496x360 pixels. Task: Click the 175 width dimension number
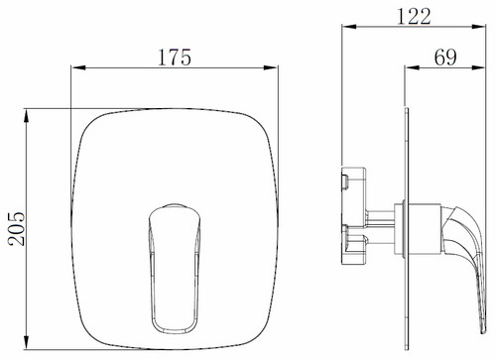click(175, 58)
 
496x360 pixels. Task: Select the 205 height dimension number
click(17, 229)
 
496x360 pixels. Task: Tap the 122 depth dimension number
click(414, 16)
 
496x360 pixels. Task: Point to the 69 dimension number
click(445, 58)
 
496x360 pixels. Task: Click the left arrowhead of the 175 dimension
click(78, 67)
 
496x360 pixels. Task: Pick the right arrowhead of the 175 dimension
click(271, 67)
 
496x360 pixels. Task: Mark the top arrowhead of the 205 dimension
click(27, 116)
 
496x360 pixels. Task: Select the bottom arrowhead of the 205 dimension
click(27, 342)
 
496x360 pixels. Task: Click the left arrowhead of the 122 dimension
click(349, 27)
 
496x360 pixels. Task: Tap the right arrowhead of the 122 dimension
click(478, 27)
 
